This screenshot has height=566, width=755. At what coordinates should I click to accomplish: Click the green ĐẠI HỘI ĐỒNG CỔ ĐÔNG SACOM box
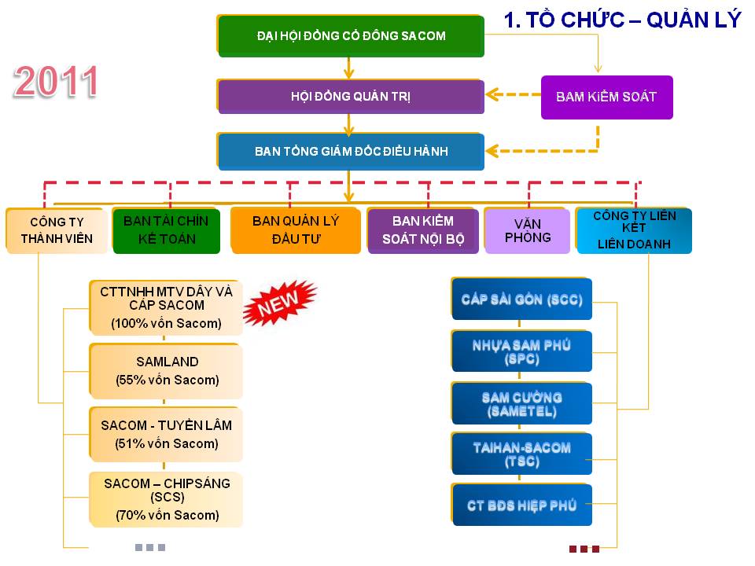pos(351,36)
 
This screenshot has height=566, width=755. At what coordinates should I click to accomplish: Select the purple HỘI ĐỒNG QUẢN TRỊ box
pos(351,97)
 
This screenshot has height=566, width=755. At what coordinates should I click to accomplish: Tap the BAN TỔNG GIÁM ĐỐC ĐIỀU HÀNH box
pos(351,152)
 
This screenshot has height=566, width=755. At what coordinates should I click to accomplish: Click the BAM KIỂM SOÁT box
pos(606,97)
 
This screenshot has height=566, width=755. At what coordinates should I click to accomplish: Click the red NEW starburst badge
pos(279,303)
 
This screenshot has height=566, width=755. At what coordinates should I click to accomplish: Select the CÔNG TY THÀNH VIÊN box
pos(57,230)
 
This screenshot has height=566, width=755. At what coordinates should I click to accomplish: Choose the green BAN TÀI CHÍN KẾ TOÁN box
pos(166,230)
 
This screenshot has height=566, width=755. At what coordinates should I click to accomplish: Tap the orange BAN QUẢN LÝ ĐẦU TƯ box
pos(295,230)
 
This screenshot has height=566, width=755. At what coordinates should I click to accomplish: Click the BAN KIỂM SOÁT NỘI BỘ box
pos(423,230)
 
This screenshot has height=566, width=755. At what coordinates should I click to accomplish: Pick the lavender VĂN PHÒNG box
pos(527,230)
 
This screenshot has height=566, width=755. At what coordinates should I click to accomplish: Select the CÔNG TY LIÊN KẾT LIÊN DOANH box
pos(634,230)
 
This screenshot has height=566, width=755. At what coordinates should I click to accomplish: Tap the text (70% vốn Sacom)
pos(167,516)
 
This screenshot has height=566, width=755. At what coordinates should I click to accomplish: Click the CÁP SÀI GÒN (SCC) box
pos(521,300)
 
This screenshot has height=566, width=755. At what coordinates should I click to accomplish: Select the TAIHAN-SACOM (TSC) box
pos(521,454)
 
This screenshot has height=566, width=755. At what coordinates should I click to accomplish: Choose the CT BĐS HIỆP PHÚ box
pos(521,505)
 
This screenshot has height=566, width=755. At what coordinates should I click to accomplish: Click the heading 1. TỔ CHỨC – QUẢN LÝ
pos(622,20)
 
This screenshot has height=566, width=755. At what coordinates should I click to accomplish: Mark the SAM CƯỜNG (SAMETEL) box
pos(521,404)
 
